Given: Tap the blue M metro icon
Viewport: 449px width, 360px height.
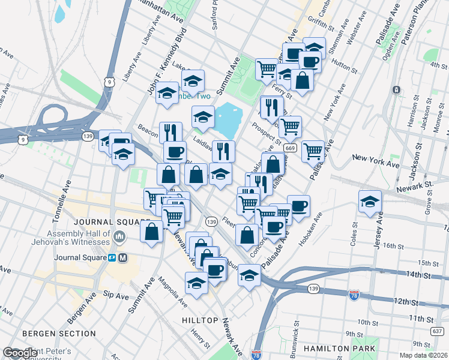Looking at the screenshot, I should click(123, 258).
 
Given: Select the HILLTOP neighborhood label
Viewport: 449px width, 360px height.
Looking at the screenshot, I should click(200, 320).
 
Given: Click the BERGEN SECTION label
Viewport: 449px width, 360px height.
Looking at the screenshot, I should click(50, 333).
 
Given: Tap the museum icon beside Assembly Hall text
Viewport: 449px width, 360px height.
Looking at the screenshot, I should click(119, 238).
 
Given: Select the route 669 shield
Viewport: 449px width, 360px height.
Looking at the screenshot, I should click(291, 148).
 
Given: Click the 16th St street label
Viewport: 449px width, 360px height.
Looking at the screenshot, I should click(391, 246).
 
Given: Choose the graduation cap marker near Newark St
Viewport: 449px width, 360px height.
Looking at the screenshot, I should click(370, 202).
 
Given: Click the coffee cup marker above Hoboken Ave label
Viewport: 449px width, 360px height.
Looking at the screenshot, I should click(298, 206).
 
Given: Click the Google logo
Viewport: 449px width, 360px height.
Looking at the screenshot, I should click(20, 353).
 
